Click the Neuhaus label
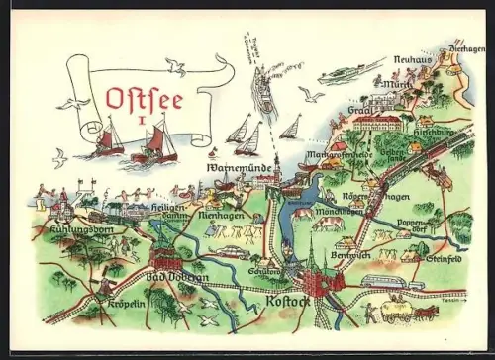click(x=412, y=59)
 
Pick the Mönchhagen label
click(x=329, y=213)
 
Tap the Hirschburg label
click(x=434, y=130)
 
